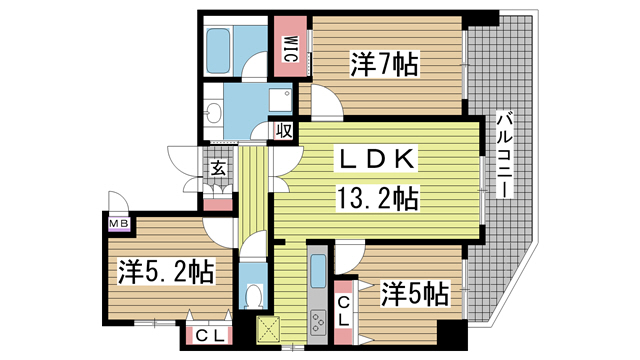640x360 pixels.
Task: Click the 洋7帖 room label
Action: pyautogui.click(x=383, y=66)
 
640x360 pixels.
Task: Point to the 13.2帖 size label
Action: pyautogui.click(x=377, y=197)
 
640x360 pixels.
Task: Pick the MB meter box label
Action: pyautogui.click(x=118, y=224)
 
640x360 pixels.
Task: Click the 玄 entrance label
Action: pyautogui.click(x=217, y=168)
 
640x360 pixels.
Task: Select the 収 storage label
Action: pyautogui.click(x=284, y=130)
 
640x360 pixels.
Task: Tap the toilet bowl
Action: pyautogui.click(x=254, y=297)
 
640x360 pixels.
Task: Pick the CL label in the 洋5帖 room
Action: pyautogui.click(x=343, y=310)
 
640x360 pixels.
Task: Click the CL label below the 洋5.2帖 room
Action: pyautogui.click(x=209, y=335)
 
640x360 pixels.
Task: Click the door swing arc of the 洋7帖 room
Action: pyautogui.click(x=322, y=101)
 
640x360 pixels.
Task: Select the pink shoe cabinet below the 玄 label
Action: pyautogui.click(x=217, y=204)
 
